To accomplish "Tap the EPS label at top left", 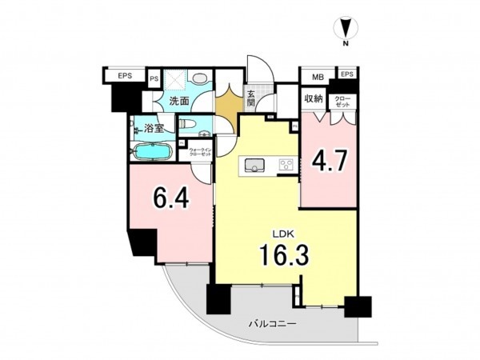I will coord(125,76).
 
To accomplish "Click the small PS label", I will coord(154,79).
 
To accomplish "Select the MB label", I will coord(318,76).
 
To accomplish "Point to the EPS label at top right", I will coord(346,74).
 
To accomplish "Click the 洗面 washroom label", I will coord(178,102).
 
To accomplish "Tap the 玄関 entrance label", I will coord(250,99).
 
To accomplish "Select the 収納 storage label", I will coord(313,99).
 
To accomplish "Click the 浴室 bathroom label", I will coord(154,127).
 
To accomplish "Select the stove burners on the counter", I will coord(286,165).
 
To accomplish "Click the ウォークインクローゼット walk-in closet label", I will coord(200,150).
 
